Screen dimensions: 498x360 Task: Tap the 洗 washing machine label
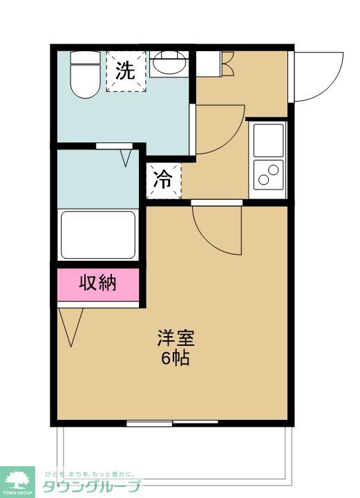click(126, 71)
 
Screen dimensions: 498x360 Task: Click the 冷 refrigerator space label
click(163, 181)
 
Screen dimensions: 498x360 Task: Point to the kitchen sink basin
click(268, 140)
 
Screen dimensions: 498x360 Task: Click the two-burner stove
click(268, 174)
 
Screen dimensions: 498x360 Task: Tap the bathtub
click(98, 234)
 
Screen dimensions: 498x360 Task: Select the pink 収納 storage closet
click(98, 283)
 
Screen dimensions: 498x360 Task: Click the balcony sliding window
click(172, 421)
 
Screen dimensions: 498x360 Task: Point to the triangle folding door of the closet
click(71, 325)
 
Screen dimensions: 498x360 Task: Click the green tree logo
click(19, 478)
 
